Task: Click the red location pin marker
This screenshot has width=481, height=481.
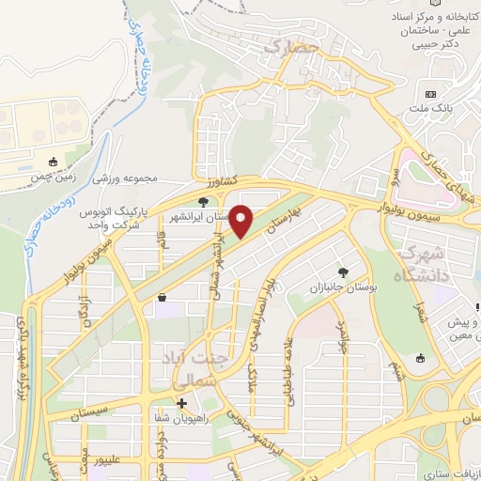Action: point(240,222)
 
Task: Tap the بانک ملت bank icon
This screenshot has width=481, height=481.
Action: point(431,95)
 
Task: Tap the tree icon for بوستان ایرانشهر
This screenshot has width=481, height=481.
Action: point(203,202)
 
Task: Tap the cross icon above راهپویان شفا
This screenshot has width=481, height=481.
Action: point(181,403)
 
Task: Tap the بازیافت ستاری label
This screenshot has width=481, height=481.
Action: point(451,465)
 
